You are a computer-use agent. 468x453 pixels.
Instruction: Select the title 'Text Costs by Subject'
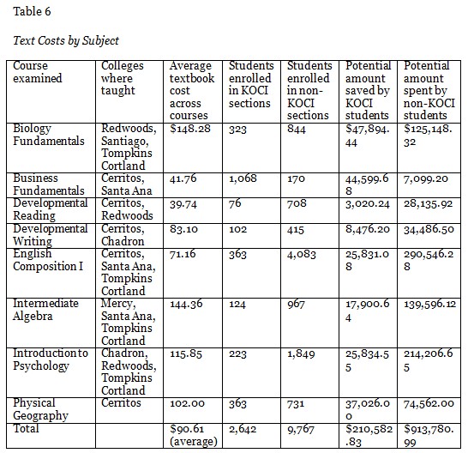pos(64,40)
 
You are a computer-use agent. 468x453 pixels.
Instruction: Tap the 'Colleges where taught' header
pos(123,78)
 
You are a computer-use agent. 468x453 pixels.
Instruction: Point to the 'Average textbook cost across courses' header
pos(191,90)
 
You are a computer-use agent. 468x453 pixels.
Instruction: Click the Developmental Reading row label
pos(50,209)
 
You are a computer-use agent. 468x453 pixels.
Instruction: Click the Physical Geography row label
pos(34,408)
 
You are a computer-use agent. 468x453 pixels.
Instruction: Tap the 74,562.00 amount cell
pos(429,403)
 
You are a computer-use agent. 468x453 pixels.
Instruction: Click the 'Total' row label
pos(27,426)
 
